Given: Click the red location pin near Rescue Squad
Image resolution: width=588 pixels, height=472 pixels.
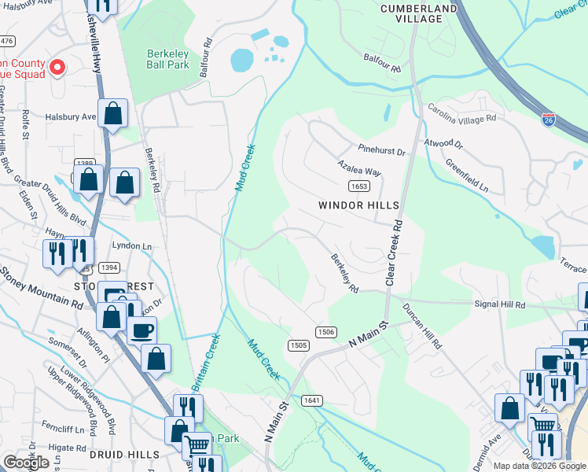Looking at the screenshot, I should (57, 68).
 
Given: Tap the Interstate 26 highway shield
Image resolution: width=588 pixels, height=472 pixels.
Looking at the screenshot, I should (549, 120).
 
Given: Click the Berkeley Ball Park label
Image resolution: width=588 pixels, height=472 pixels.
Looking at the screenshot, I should (167, 59).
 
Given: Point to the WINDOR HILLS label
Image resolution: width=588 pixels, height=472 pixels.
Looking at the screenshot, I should (359, 205).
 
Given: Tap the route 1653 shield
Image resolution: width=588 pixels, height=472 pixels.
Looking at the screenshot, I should (358, 186).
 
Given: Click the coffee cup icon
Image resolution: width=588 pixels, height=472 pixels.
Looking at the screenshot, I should (141, 331).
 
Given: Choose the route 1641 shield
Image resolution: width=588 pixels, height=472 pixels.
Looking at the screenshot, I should (311, 400).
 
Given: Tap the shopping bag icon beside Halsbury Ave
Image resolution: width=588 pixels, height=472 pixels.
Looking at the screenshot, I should (113, 114).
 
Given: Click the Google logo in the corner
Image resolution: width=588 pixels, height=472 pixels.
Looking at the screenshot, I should (27, 463).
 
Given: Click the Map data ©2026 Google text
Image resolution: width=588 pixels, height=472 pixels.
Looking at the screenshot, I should (539, 466).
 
